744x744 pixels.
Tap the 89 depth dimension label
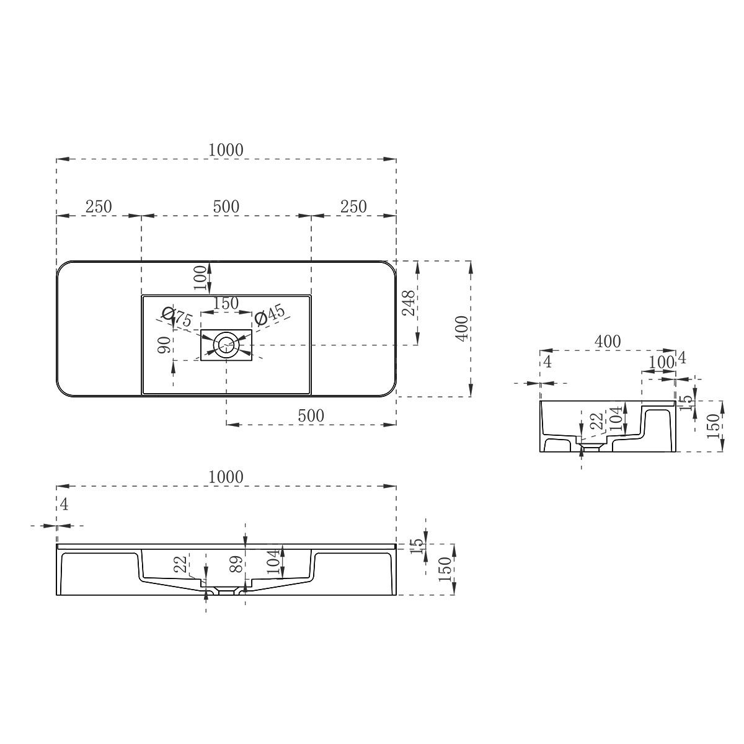(236, 564)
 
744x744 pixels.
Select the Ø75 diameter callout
(177, 317)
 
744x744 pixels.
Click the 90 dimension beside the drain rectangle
(164, 344)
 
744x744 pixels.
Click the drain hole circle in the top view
(226, 344)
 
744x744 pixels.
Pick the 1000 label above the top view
(226, 150)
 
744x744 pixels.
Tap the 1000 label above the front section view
(226, 477)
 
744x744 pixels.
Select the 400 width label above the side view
(608, 341)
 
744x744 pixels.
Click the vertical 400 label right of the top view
(462, 329)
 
